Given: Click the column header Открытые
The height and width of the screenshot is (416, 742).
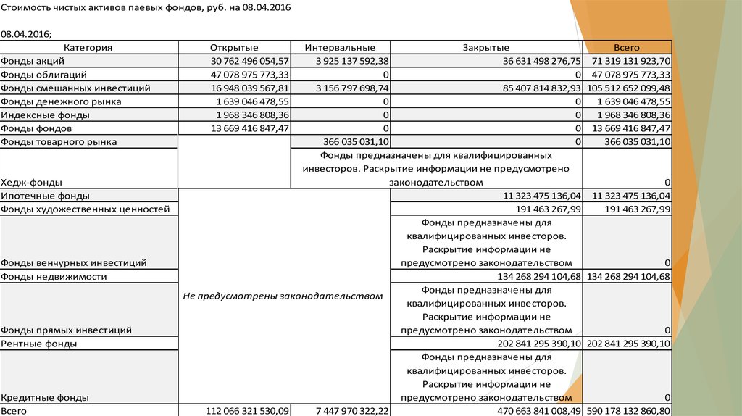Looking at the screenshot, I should [x=234, y=48].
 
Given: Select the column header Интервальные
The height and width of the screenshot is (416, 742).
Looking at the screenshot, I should [x=339, y=48].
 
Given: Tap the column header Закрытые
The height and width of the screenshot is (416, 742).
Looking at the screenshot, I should [x=485, y=48].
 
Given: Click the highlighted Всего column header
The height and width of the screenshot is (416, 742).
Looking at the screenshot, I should [x=628, y=48].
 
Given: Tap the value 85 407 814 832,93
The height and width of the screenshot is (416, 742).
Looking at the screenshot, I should [x=536, y=88].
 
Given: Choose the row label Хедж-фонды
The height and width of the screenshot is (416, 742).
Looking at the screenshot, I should [x=31, y=183].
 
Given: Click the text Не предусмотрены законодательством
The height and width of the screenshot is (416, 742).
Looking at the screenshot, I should [x=282, y=296].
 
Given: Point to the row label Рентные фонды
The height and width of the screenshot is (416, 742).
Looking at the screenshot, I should [x=39, y=344].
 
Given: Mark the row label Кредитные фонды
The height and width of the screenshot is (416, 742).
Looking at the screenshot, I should [x=45, y=397].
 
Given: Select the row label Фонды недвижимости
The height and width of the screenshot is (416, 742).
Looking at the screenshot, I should [x=54, y=277].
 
